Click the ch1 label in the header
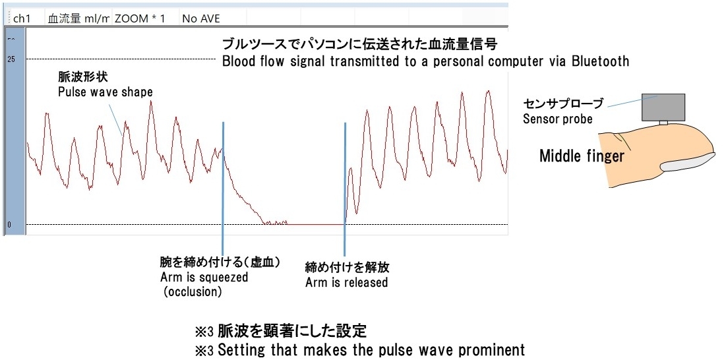click(21, 19)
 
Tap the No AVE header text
click(201, 19)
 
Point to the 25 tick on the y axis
click(12, 59)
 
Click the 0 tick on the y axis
click(9, 225)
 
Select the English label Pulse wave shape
click(105, 92)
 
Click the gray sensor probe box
click(663, 106)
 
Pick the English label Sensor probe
click(557, 119)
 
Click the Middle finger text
click(582, 156)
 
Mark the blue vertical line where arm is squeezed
click(223, 185)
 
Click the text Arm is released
click(346, 282)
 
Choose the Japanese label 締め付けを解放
click(347, 268)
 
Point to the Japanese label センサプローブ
click(564, 104)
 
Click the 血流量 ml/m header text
click(78, 19)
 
